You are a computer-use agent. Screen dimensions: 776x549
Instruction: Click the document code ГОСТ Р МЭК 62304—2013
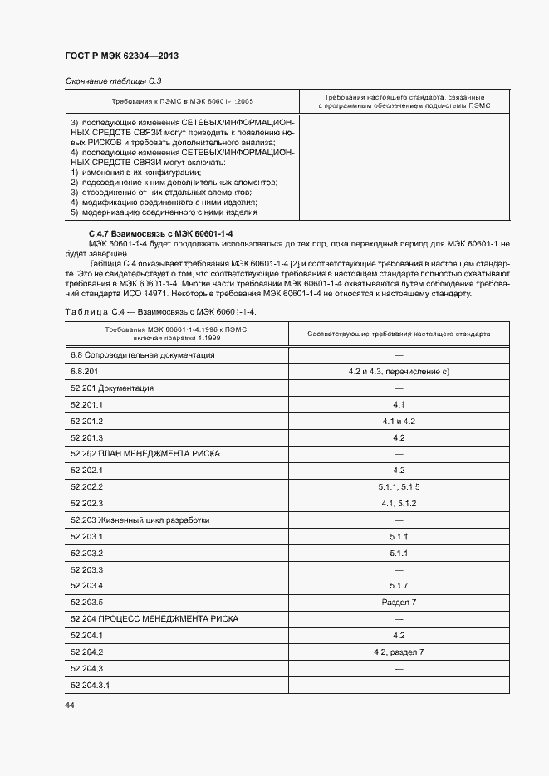click(x=121, y=56)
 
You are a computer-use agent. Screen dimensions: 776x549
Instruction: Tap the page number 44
click(x=69, y=705)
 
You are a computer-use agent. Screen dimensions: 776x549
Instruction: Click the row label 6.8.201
click(x=85, y=371)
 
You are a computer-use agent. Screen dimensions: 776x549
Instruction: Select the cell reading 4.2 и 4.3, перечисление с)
click(x=399, y=371)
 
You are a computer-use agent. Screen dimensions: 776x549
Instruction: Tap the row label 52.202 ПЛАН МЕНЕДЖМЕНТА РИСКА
click(x=145, y=454)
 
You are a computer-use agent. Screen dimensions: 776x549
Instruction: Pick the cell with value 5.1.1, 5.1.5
click(x=399, y=487)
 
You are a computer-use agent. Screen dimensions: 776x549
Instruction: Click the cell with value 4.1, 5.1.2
click(x=399, y=504)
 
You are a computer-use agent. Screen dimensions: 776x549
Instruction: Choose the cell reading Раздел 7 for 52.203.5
click(x=399, y=603)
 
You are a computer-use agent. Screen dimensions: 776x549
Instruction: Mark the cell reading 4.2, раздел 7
click(x=399, y=652)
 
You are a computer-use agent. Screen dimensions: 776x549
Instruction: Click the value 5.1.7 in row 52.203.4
click(x=399, y=586)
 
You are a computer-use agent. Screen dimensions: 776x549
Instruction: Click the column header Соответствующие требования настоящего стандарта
click(x=399, y=334)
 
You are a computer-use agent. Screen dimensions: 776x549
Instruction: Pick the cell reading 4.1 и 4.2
click(x=399, y=421)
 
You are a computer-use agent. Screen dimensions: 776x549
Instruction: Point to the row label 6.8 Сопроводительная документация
click(x=143, y=354)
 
